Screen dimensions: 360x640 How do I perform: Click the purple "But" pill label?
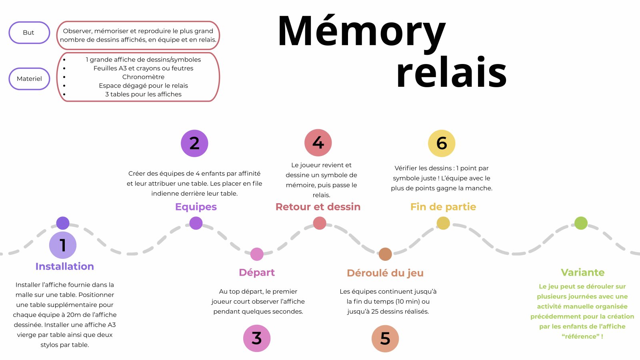tap(29, 32)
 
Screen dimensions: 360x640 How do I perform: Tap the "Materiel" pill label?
tap(29, 79)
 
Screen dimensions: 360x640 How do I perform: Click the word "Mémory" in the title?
tap(361, 32)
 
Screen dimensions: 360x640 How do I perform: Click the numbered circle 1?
tap(63, 245)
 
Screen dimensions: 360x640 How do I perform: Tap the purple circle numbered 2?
tap(194, 143)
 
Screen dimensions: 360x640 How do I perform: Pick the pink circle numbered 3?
tap(257, 338)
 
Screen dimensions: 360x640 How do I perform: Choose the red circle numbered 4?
tap(318, 142)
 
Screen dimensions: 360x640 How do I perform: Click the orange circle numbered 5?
tap(385, 338)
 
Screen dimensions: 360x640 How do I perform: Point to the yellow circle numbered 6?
tap(442, 143)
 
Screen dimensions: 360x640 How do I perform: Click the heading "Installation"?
tap(64, 266)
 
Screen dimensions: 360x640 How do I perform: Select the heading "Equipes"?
tap(196, 207)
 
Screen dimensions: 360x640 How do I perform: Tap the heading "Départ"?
tap(257, 272)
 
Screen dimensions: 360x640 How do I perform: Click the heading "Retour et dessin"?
tap(318, 207)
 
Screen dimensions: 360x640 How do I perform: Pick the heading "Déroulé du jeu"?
tap(385, 273)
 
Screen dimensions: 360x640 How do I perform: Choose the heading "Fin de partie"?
tap(443, 207)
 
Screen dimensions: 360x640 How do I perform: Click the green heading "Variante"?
tap(582, 272)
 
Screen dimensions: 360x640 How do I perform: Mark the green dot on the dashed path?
tap(581, 223)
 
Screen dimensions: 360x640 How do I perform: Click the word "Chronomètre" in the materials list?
tap(143, 77)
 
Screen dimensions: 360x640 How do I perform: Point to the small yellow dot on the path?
tap(443, 223)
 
